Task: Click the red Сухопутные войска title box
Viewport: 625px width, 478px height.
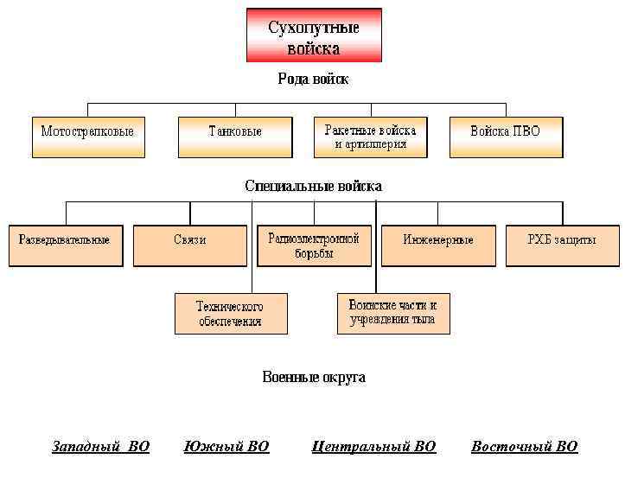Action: tap(314, 35)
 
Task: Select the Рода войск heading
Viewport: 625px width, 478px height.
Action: tap(313, 80)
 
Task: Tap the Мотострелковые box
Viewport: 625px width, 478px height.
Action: tap(88, 137)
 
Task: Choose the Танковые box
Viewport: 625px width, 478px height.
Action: tap(235, 137)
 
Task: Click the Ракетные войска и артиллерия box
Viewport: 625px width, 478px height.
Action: tap(371, 137)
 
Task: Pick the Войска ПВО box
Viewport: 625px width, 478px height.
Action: tap(506, 137)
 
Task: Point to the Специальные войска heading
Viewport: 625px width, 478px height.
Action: tap(313, 186)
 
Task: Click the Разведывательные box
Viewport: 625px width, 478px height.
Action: tap(66, 245)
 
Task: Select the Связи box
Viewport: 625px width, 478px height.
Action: tap(190, 245)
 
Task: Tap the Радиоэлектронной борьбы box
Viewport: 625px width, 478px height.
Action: tap(314, 245)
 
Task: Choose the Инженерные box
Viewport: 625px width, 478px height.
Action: tap(438, 245)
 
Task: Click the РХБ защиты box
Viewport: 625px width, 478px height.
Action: tap(562, 245)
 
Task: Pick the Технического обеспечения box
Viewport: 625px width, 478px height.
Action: tap(230, 313)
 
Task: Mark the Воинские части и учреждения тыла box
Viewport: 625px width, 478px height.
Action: tap(393, 312)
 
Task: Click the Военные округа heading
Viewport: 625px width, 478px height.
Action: tap(313, 378)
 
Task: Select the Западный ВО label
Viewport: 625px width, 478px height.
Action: tap(101, 447)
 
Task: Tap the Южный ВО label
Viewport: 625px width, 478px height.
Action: tap(227, 447)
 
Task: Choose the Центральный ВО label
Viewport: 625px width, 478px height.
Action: tap(373, 447)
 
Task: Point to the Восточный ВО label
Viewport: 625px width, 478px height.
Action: tap(524, 447)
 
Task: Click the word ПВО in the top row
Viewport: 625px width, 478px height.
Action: tap(526, 131)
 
